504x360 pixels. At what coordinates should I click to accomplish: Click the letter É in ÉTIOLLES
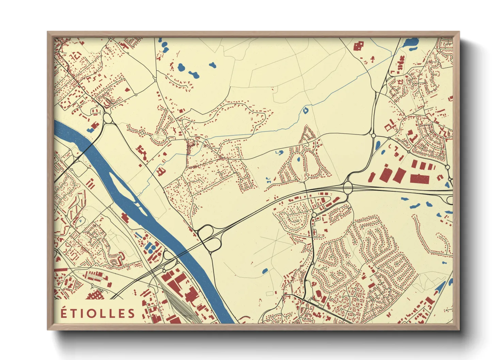(x=63, y=313)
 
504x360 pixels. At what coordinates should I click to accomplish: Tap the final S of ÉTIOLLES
(x=131, y=313)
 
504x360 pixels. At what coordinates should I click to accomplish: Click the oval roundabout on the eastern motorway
(x=348, y=187)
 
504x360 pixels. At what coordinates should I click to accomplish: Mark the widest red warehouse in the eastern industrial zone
(x=419, y=179)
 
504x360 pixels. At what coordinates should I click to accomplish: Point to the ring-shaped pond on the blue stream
(x=305, y=110)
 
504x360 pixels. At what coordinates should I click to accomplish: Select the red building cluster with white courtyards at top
(x=358, y=46)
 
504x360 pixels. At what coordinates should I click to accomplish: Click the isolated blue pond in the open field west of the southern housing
(x=265, y=271)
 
